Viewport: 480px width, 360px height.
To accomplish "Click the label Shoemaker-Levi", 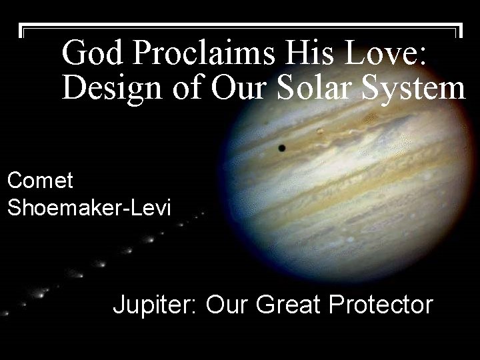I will [89, 207].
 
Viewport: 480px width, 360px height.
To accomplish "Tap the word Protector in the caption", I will [381, 305].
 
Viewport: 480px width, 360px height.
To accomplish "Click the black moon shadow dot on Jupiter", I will [281, 147].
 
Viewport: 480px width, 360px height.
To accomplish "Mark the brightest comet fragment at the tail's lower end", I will [42, 292].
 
